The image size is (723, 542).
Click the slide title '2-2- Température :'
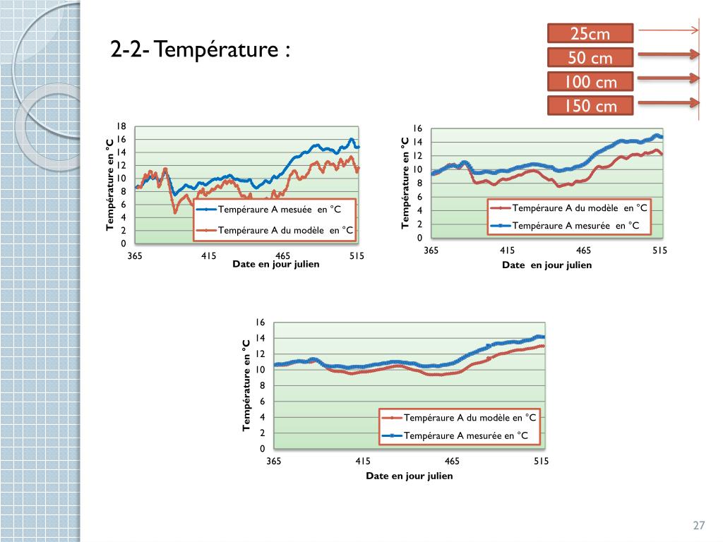pyautogui.click(x=201, y=51)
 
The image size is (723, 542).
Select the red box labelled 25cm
pyautogui.click(x=590, y=33)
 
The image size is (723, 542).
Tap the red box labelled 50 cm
pyautogui.click(x=590, y=58)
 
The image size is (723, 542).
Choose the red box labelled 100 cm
pyautogui.click(x=590, y=82)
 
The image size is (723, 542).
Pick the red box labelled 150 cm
pyautogui.click(x=590, y=106)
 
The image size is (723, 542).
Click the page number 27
pyautogui.click(x=699, y=525)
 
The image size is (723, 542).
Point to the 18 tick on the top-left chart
pyautogui.click(x=121, y=126)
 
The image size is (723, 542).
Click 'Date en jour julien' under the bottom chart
pyautogui.click(x=409, y=476)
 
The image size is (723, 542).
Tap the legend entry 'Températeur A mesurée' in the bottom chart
pyautogui.click(x=466, y=435)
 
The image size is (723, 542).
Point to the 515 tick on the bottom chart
pyautogui.click(x=541, y=461)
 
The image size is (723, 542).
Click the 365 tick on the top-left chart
pyautogui.click(x=135, y=255)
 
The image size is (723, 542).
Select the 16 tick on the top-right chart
pyautogui.click(x=417, y=128)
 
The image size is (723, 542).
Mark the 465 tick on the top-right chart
pyautogui.click(x=583, y=251)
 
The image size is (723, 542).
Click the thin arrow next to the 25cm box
pyautogui.click(x=668, y=30)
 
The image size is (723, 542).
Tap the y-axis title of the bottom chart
pyautogui.click(x=246, y=385)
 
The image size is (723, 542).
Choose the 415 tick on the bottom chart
pyautogui.click(x=363, y=461)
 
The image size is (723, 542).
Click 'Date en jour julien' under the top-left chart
pyautogui.click(x=276, y=264)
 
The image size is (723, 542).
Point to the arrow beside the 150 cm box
pyautogui.click(x=668, y=103)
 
